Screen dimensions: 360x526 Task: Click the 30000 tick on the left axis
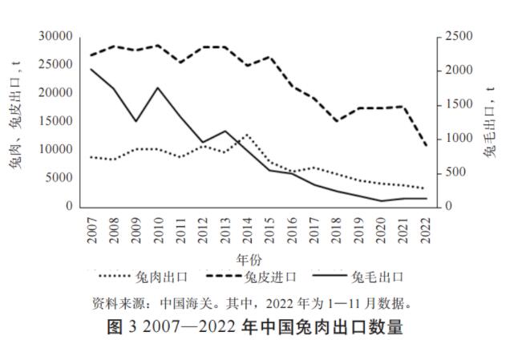(55, 36)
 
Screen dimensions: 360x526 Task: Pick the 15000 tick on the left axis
(55, 121)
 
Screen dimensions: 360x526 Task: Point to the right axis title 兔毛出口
(490, 120)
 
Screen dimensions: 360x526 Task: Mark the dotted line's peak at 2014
(248, 135)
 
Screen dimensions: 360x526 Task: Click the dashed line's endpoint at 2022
(425, 145)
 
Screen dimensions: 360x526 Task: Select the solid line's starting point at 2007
(91, 69)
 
